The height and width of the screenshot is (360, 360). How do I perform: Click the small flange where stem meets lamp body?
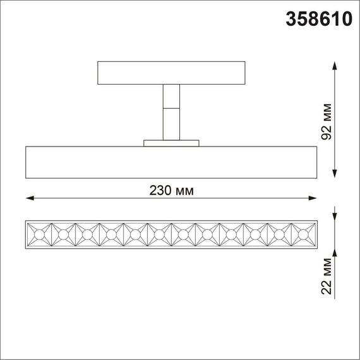click(171, 143)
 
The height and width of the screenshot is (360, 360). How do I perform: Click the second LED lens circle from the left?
click(63, 234)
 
